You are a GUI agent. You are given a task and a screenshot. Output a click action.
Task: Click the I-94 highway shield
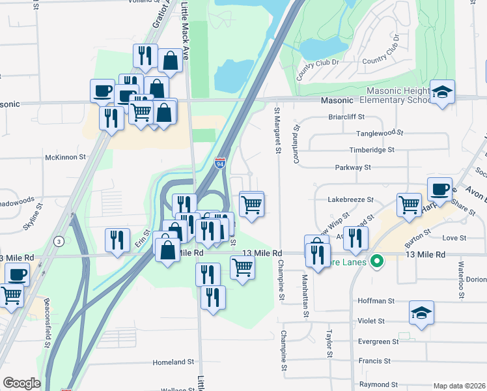pyautogui.click(x=221, y=162)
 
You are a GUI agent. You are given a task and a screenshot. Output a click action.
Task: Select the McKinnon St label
pyautogui.click(x=65, y=157)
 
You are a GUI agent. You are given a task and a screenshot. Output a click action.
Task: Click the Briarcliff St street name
pyautogui.click(x=347, y=117)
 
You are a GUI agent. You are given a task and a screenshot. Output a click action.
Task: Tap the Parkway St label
pyautogui.click(x=353, y=167)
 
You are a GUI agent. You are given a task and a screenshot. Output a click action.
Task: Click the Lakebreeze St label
pyautogui.click(x=351, y=200)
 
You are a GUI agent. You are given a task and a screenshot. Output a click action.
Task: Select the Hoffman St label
pyautogui.click(x=376, y=301)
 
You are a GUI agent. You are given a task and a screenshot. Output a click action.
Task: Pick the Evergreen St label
pyautogui.click(x=378, y=341)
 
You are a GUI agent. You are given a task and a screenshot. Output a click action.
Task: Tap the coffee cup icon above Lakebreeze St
pyautogui.click(x=440, y=188)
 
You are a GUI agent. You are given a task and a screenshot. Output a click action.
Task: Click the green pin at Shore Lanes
pyautogui.click(x=376, y=263)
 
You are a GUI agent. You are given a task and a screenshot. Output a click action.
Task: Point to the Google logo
pyautogui.click(x=22, y=383)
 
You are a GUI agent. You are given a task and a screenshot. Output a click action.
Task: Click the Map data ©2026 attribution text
pyautogui.click(x=459, y=386)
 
